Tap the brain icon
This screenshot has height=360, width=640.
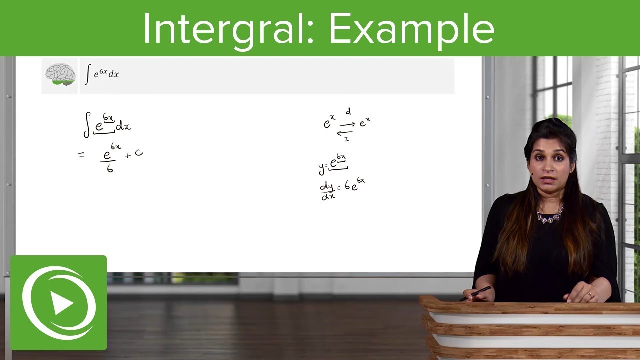(x=60, y=75)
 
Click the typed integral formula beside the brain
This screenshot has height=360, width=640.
(x=102, y=74)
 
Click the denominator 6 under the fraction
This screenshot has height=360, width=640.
(x=110, y=169)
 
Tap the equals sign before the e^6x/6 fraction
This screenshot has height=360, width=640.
(x=81, y=155)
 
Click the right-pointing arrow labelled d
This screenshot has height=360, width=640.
(x=347, y=124)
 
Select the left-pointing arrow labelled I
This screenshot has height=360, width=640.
(x=345, y=133)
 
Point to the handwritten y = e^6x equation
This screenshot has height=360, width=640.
(x=333, y=164)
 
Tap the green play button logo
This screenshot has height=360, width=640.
(x=59, y=303)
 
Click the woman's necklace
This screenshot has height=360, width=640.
(x=550, y=215)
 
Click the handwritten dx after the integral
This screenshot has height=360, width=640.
(x=123, y=126)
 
